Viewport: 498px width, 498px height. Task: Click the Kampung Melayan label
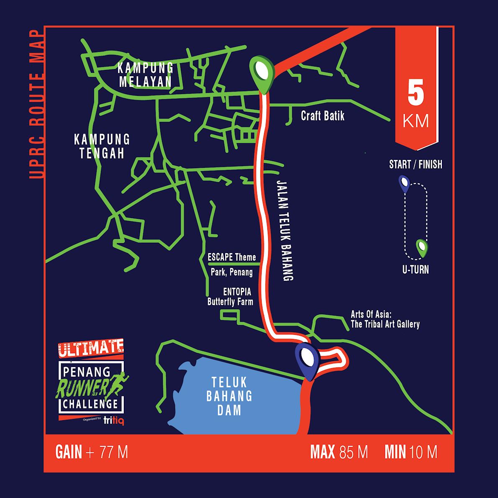145,74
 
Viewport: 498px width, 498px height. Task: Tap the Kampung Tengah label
102,146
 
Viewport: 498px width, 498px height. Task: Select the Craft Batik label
323,116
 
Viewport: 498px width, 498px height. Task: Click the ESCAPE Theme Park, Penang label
232,264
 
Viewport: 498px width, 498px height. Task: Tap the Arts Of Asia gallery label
385,319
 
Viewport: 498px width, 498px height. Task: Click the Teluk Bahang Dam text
229,395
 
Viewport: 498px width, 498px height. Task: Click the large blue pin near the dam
308,359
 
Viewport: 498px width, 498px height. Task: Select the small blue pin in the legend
404,184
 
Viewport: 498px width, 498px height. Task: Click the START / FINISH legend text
416,164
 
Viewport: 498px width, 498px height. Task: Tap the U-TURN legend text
416,270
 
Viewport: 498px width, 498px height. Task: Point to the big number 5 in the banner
416,95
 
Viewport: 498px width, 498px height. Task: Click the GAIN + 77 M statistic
92,452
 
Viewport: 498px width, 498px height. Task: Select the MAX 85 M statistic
339,452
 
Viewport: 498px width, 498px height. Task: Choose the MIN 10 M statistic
411,452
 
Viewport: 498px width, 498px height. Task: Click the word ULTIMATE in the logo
91,348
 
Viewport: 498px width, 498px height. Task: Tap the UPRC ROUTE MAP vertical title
37,105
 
